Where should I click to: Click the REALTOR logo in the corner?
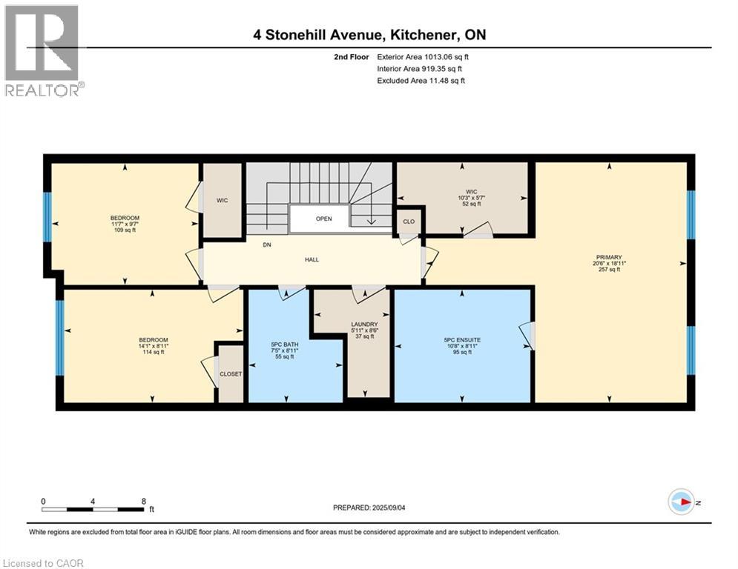click(43, 50)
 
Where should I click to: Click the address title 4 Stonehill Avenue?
click(317, 35)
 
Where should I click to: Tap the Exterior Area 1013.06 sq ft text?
click(423, 57)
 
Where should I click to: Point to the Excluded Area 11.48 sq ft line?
click(421, 81)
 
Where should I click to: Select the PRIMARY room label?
click(609, 257)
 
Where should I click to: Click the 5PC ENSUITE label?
click(462, 340)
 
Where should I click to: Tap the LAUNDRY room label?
click(364, 325)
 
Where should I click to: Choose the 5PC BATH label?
click(285, 345)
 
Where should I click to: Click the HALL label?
click(312, 259)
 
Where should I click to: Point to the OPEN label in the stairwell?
click(324, 219)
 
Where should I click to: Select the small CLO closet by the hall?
click(409, 222)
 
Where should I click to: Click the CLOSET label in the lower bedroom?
click(231, 374)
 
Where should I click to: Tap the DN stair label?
click(267, 245)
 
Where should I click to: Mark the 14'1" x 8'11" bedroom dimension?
click(154, 346)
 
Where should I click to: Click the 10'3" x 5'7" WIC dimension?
click(471, 198)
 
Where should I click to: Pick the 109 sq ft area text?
click(125, 230)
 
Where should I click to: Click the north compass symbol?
click(682, 502)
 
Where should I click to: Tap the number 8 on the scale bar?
click(144, 502)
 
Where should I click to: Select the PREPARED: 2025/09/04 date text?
click(369, 508)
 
